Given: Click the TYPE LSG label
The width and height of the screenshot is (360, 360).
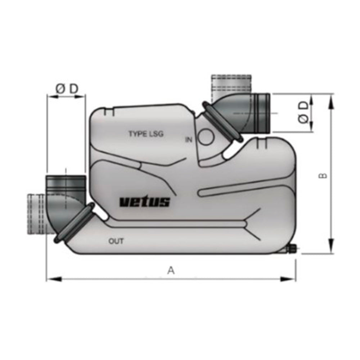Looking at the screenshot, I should point(146,134).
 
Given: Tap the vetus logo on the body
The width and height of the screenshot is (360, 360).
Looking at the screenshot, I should point(144,202).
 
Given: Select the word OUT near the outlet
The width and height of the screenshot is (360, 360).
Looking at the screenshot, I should point(116,241).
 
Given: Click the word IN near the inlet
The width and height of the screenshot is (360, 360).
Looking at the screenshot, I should point(189,140).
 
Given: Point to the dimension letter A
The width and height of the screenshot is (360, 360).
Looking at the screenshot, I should point(171,270).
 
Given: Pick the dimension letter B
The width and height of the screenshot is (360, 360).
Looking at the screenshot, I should point(323,175).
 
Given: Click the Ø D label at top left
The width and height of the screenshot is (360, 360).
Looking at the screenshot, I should point(67,89).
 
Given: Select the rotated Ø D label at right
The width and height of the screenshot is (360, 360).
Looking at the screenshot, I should point(303,112).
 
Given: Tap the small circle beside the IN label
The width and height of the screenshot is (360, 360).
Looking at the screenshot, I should point(206,137).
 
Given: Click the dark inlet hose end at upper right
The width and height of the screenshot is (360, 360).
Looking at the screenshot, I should point(261,112).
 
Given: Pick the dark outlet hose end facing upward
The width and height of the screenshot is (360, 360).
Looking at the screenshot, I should point(65,183).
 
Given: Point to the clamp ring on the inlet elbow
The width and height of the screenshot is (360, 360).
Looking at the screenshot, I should point(221,121).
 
